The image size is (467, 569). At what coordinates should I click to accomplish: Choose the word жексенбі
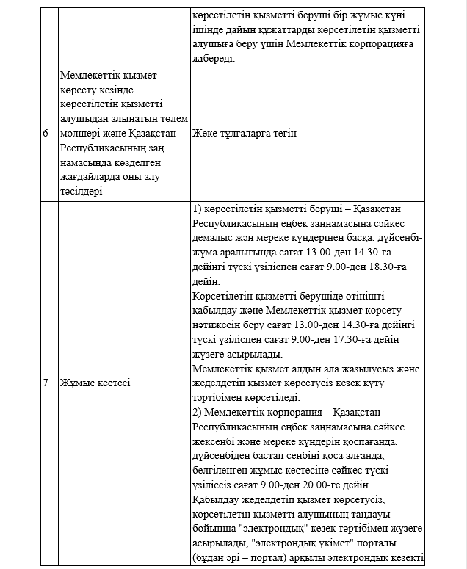click(x=216, y=441)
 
